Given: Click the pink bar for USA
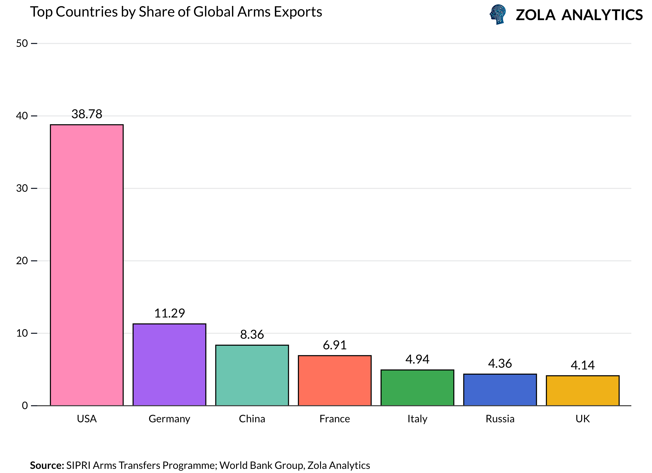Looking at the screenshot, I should pyautogui.click(x=87, y=265).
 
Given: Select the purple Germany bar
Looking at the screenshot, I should pyautogui.click(x=169, y=365).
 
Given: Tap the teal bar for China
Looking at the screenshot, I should pyautogui.click(x=252, y=375).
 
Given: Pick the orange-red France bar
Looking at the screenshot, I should pyautogui.click(x=335, y=381).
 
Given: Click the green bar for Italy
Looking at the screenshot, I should pyautogui.click(x=417, y=388).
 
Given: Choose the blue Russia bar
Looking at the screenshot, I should pyautogui.click(x=500, y=390).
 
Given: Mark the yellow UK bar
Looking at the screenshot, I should pyautogui.click(x=583, y=391).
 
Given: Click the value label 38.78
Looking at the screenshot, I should pyautogui.click(x=87, y=114).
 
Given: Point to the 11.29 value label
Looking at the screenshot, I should pyautogui.click(x=169, y=313).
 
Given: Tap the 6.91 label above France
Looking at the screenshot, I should pyautogui.click(x=335, y=345).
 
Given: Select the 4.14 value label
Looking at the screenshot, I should pyautogui.click(x=583, y=365).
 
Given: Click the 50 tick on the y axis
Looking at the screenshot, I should pyautogui.click(x=22, y=43).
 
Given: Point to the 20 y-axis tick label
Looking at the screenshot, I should pyautogui.click(x=22, y=261).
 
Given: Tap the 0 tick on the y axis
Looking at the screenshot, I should pyautogui.click(x=25, y=406).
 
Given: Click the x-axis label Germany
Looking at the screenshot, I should pyautogui.click(x=169, y=419).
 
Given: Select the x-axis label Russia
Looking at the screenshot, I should pyautogui.click(x=500, y=419).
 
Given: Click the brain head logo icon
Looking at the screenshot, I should pyautogui.click(x=498, y=14).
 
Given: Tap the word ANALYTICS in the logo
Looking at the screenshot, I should pyautogui.click(x=602, y=15).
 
